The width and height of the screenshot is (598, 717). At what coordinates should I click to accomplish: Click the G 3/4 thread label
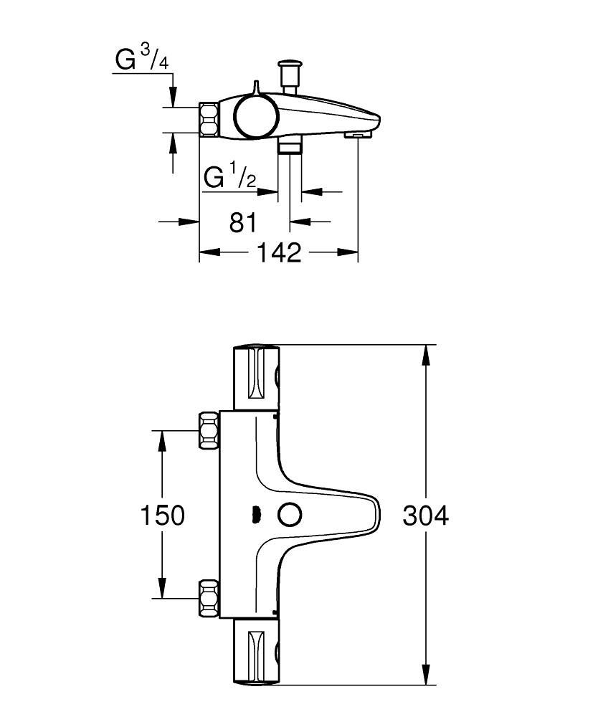pyautogui.click(x=141, y=60)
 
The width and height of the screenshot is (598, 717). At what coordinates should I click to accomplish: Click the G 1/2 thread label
pyautogui.click(x=229, y=176)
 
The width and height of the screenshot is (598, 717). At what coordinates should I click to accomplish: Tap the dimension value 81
pyautogui.click(x=243, y=222)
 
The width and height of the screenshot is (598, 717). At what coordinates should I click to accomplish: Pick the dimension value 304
pyautogui.click(x=425, y=515)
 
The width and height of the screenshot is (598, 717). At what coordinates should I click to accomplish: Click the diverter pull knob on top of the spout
pyautogui.click(x=290, y=72)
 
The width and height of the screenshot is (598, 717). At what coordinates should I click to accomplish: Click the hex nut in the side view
pyautogui.click(x=209, y=119)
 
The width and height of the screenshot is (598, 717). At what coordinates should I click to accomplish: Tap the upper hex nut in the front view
pyautogui.click(x=209, y=430)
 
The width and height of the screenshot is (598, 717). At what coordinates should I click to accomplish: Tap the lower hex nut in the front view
pyautogui.click(x=209, y=597)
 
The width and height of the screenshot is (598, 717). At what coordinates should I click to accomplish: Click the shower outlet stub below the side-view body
pyautogui.click(x=290, y=147)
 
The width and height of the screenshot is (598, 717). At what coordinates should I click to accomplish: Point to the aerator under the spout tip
pyautogui.click(x=356, y=134)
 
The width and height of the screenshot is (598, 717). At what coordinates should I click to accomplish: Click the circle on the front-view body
pyautogui.click(x=290, y=514)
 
